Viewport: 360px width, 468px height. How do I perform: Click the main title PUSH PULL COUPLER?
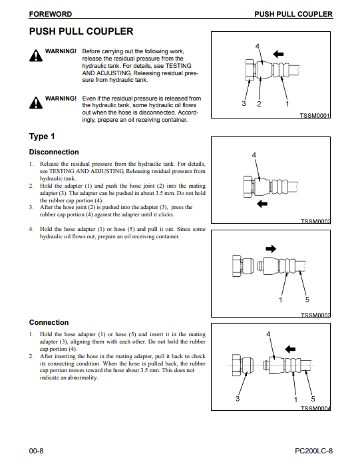pyautogui.click(x=81, y=31)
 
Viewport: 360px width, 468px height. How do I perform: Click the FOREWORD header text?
pyautogui.click(x=51, y=14)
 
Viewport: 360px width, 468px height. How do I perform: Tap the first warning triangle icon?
pyautogui.click(x=36, y=55)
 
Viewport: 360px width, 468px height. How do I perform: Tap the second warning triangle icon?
pyautogui.click(x=36, y=103)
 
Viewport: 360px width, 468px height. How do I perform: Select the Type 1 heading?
pyautogui.click(x=42, y=136)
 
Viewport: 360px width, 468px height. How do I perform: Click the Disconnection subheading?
pyautogui.click(x=54, y=152)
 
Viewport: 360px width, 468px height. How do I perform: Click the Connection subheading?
pyautogui.click(x=49, y=322)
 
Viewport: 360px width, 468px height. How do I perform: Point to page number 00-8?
pyautogui.click(x=36, y=451)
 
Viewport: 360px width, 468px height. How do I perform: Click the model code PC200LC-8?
pyautogui.click(x=314, y=451)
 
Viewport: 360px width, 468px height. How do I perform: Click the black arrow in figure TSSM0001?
pyautogui.click(x=278, y=54)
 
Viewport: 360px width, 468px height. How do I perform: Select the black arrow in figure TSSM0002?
pyautogui.click(x=262, y=204)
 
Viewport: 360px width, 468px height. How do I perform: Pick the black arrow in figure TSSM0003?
pyautogui.click(x=271, y=248)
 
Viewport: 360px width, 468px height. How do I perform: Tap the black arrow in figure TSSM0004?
pyautogui.click(x=290, y=349)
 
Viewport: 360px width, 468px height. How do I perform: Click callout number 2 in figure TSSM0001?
pyautogui.click(x=259, y=104)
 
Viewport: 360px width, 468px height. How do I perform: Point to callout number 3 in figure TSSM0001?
pyautogui.click(x=244, y=103)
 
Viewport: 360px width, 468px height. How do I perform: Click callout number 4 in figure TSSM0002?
pyautogui.click(x=254, y=155)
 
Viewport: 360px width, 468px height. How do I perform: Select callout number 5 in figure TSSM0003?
pyautogui.click(x=307, y=300)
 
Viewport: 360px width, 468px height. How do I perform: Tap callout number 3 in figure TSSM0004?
pyautogui.click(x=238, y=399)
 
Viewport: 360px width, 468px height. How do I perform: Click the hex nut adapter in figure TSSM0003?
pyautogui.click(x=243, y=265)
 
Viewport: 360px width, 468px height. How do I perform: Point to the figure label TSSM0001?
pyautogui.click(x=315, y=116)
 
